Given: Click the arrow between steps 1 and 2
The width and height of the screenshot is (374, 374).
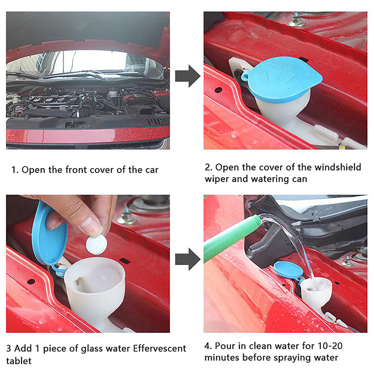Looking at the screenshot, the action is point(188,76).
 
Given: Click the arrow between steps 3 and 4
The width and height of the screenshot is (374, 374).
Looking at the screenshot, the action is point(188,259).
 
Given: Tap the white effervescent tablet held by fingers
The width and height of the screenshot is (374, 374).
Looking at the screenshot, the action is point(96,244).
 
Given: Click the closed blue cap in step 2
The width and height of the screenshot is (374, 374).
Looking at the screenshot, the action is point(283,79).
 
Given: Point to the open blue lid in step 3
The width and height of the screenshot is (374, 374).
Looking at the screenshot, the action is point(49,236).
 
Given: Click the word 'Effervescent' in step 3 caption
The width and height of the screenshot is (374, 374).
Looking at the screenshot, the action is point(159,348).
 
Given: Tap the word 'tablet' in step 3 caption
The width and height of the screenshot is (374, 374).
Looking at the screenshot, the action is point(19,360).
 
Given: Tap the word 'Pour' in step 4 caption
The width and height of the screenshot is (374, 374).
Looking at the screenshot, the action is point(225,345).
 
